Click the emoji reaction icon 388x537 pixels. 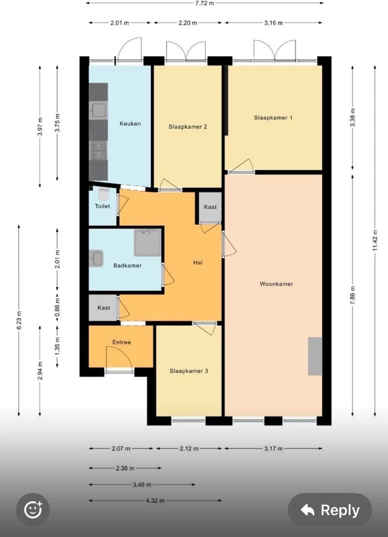point(33,510)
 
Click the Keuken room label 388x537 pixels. point(130,124)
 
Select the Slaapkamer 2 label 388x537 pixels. point(188,127)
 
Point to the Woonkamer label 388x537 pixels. point(277,284)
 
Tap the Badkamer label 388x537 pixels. point(127,265)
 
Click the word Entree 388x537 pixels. point(122,342)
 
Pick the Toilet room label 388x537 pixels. point(102,206)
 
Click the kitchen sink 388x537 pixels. point(98,110)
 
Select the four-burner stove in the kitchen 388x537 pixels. point(98,150)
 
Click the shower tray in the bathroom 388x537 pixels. point(148,242)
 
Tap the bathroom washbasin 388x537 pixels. point(96,258)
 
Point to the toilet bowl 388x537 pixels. point(104,194)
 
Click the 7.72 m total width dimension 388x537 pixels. point(204,3)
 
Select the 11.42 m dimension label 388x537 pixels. point(375,240)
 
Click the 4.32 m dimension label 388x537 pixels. point(155,501)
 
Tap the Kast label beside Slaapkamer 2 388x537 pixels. point(210,207)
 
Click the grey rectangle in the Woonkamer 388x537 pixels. point(315,356)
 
